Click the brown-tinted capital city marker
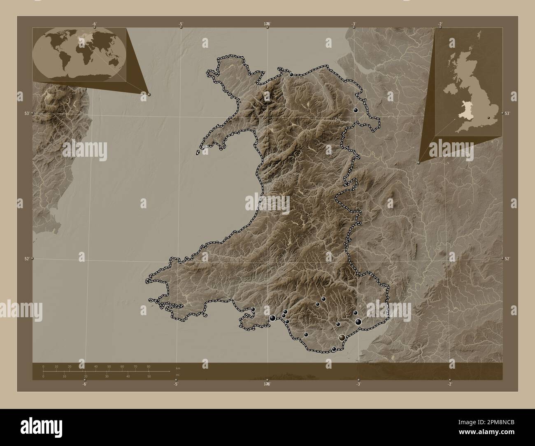pyautogui.click(x=342, y=338)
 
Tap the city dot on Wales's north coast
pyautogui.click(x=291, y=75)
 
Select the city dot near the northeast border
pyautogui.click(x=355, y=110)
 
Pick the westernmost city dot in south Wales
pyautogui.click(x=253, y=309)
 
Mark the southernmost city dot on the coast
pyautogui.click(x=334, y=349)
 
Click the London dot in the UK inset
pyautogui.click(x=488, y=118)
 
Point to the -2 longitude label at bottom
pyautogui.click(x=449, y=384)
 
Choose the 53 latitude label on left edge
pyautogui.click(x=27, y=113)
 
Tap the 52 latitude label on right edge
pyautogui.click(x=507, y=258)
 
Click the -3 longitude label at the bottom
pyautogui.click(x=358, y=384)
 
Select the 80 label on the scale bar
pyautogui.click(x=148, y=366)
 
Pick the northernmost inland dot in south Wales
pyautogui.click(x=324, y=299)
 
